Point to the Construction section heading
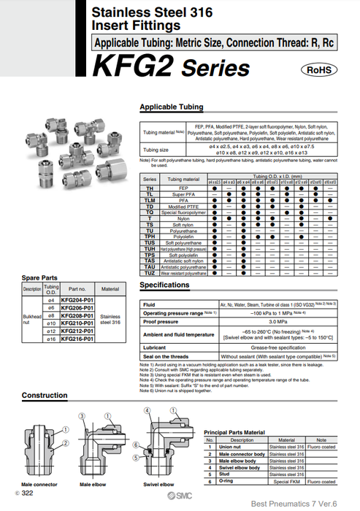(x=45, y=395)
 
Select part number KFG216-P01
(x=77, y=339)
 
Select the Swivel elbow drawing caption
(x=158, y=484)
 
